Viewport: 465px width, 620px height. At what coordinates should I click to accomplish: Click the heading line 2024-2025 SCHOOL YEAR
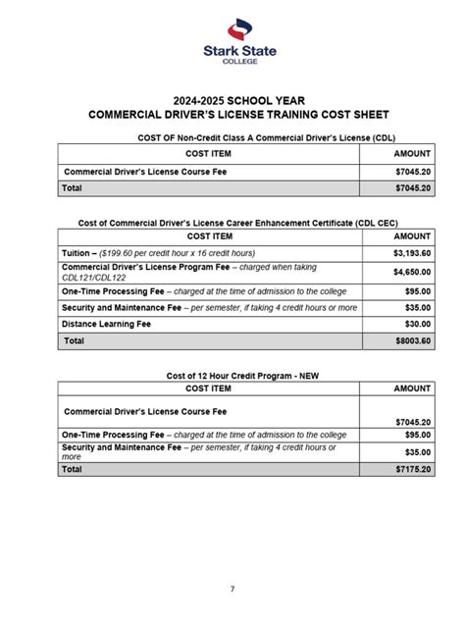(232, 99)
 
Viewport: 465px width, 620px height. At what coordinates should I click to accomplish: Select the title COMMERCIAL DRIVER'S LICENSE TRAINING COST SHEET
(232, 115)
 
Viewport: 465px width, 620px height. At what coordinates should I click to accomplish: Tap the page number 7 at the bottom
(232, 588)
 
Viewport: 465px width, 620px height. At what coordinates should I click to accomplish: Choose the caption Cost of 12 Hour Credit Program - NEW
(232, 376)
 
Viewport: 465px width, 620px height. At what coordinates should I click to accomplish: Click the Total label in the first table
(73, 186)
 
